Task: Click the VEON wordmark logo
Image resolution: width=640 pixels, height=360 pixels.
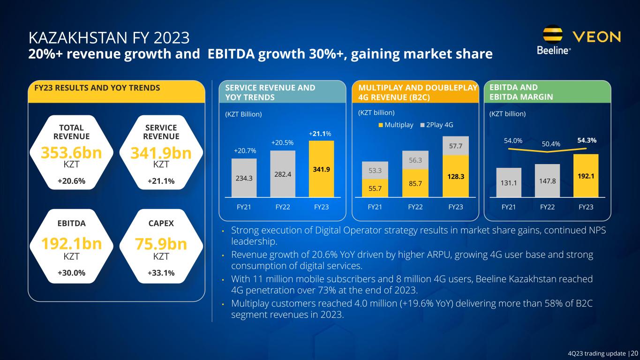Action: click(x=597, y=37)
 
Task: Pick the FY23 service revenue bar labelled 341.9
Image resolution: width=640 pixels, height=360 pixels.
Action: click(x=321, y=169)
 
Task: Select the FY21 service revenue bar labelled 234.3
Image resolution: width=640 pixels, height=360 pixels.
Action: click(x=244, y=178)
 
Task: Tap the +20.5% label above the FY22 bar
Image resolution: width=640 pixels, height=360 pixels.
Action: click(x=283, y=142)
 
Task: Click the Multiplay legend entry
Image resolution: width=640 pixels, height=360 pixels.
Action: click(x=396, y=125)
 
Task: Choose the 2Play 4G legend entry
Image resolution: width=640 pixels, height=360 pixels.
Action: click(x=437, y=125)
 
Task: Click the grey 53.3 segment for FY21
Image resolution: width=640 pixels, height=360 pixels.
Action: click(x=374, y=170)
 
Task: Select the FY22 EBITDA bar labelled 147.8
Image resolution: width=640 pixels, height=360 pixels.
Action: click(x=547, y=180)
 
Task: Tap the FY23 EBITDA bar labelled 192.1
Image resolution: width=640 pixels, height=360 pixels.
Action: click(x=586, y=175)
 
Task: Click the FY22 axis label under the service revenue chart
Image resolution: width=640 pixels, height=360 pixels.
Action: click(x=282, y=207)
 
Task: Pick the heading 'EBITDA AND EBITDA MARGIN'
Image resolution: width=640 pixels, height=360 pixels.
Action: click(x=520, y=92)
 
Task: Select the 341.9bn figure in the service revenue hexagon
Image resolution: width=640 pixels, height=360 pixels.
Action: click(x=161, y=153)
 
